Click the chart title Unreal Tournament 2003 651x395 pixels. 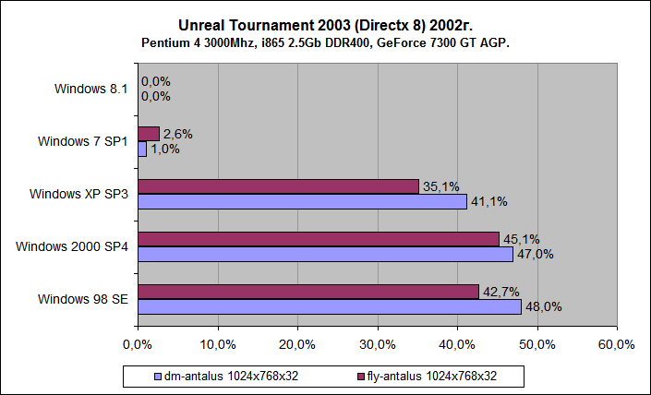click(x=325, y=26)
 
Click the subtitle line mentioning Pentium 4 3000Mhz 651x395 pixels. click(x=325, y=43)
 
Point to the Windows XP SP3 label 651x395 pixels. click(x=79, y=194)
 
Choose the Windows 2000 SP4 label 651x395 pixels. click(x=72, y=246)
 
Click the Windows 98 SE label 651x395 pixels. click(x=83, y=299)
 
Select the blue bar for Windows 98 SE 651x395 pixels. click(x=329, y=306)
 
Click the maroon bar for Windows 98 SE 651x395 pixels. click(x=307, y=292)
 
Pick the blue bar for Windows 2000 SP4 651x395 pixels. click(x=324, y=254)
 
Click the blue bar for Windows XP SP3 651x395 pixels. click(x=301, y=201)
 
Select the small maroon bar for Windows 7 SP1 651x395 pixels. click(x=148, y=134)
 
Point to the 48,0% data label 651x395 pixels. click(x=543, y=307)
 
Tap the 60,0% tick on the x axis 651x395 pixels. click(x=616, y=344)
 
